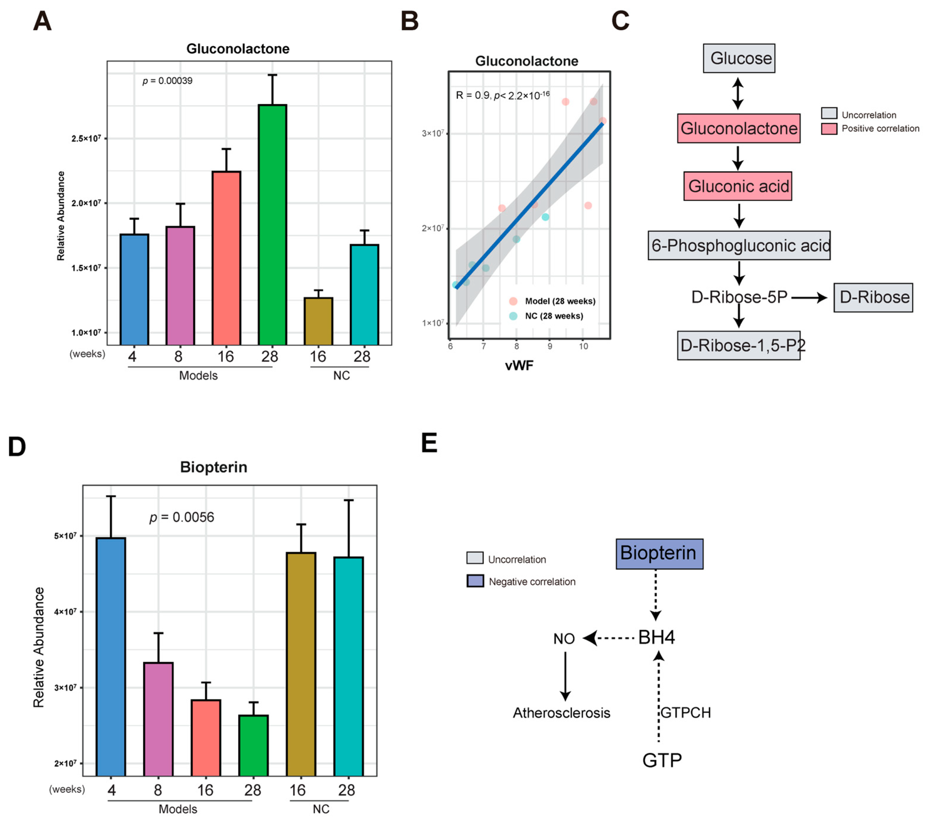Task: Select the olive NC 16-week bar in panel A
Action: pyautogui.click(x=318, y=321)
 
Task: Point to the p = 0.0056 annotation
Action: pyautogui.click(x=182, y=517)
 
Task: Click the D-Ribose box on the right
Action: pyautogui.click(x=873, y=297)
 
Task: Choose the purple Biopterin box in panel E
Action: pyautogui.click(x=659, y=554)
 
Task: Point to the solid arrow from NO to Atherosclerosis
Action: pyautogui.click(x=565, y=675)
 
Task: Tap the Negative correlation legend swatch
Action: pyautogui.click(x=475, y=581)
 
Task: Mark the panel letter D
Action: pyautogui.click(x=17, y=447)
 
